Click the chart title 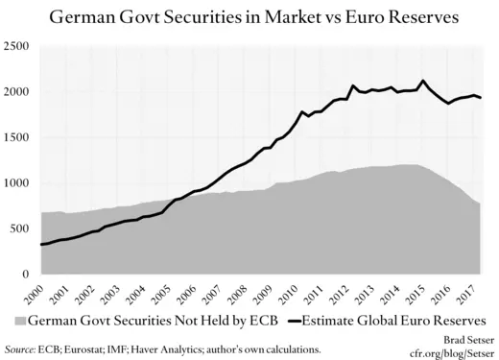pos(249,17)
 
